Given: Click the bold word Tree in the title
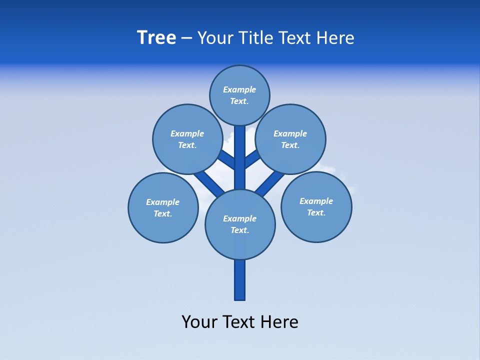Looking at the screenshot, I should (x=156, y=38).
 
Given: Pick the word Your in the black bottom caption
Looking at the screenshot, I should (x=199, y=322).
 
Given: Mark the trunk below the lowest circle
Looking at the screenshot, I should (x=240, y=279).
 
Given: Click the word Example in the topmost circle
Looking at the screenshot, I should (x=239, y=90).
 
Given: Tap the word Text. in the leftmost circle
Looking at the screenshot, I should (x=162, y=214).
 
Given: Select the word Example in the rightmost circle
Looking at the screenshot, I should (x=316, y=201).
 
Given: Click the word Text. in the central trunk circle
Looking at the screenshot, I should (x=239, y=230).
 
